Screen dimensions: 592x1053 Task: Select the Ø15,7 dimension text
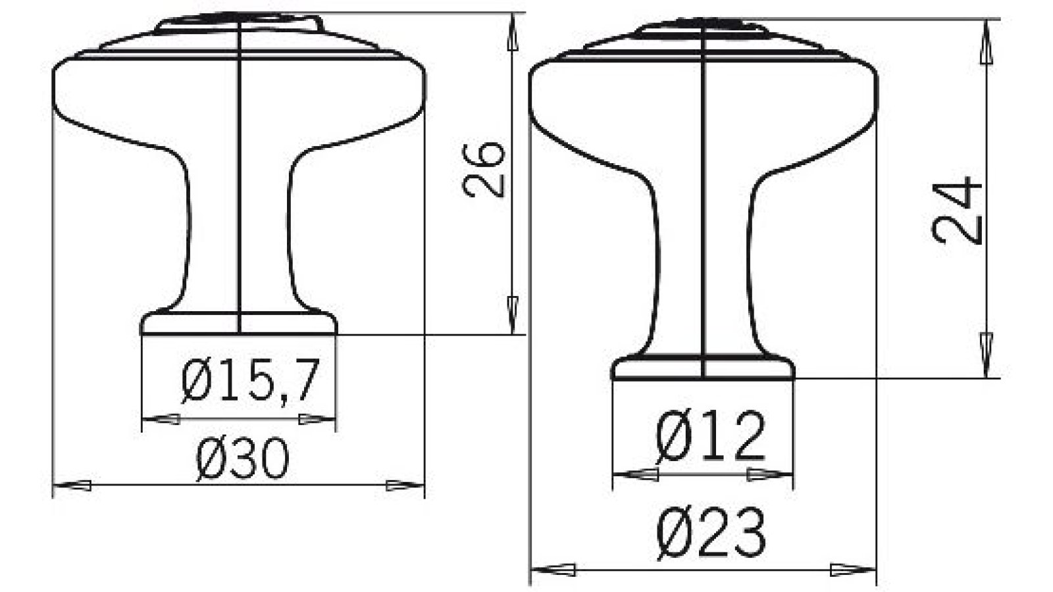[x=250, y=382]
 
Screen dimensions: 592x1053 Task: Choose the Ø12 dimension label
[x=711, y=437]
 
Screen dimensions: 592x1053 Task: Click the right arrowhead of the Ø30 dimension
[x=405, y=486]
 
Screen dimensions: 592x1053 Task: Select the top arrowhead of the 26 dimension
[x=513, y=33]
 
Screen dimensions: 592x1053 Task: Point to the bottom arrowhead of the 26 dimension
[x=513, y=314]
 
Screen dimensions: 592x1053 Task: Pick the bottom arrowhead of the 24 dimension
[x=986, y=355]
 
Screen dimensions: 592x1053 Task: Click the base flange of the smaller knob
[x=703, y=368]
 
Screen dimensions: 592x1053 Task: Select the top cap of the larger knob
[x=240, y=23]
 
